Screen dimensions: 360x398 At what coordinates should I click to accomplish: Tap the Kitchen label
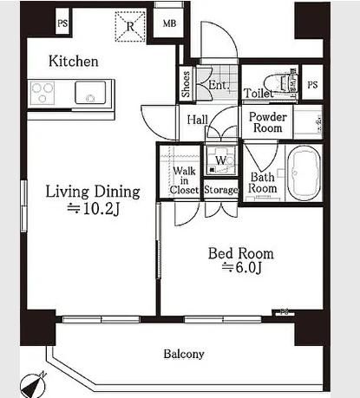click(x=74, y=62)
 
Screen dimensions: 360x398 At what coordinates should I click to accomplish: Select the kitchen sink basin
click(x=90, y=92)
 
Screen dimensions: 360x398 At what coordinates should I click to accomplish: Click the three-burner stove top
click(x=43, y=93)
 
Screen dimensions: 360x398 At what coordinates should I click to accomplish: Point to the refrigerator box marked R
click(x=130, y=26)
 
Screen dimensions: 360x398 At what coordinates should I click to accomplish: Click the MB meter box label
click(x=169, y=23)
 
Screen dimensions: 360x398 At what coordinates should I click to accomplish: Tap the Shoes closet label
click(x=186, y=84)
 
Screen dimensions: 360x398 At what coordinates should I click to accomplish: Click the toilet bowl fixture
click(x=282, y=84)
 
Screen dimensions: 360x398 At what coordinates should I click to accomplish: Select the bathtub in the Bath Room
click(x=304, y=173)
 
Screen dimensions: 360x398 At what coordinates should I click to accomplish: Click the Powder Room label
click(x=268, y=122)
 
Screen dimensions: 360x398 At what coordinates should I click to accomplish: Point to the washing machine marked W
click(x=221, y=160)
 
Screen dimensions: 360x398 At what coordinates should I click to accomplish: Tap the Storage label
click(x=221, y=190)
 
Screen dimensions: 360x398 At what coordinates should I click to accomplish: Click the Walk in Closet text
click(x=184, y=180)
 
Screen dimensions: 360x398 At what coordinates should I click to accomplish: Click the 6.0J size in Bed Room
click(x=242, y=268)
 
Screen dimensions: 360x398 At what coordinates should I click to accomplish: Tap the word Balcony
click(x=184, y=354)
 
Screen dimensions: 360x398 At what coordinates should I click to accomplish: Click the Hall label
click(x=198, y=120)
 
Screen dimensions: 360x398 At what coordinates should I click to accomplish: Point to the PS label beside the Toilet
click(x=312, y=85)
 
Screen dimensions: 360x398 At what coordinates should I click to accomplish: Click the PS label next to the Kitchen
click(x=62, y=23)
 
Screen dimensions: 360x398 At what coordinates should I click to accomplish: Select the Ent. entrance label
click(x=219, y=85)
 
